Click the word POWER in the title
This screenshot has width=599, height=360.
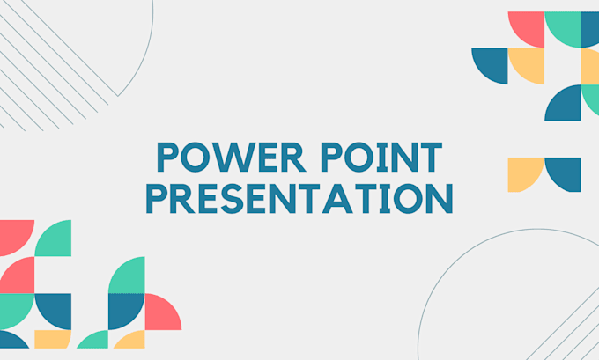pyautogui.click(x=226, y=161)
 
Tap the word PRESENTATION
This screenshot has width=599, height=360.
pyautogui.click(x=299, y=199)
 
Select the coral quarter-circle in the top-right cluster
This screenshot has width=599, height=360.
pyautogui.click(x=529, y=28)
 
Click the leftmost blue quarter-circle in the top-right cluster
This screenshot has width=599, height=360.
pyautogui.click(x=492, y=64)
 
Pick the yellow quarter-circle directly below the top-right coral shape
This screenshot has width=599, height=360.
pyautogui.click(x=529, y=63)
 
